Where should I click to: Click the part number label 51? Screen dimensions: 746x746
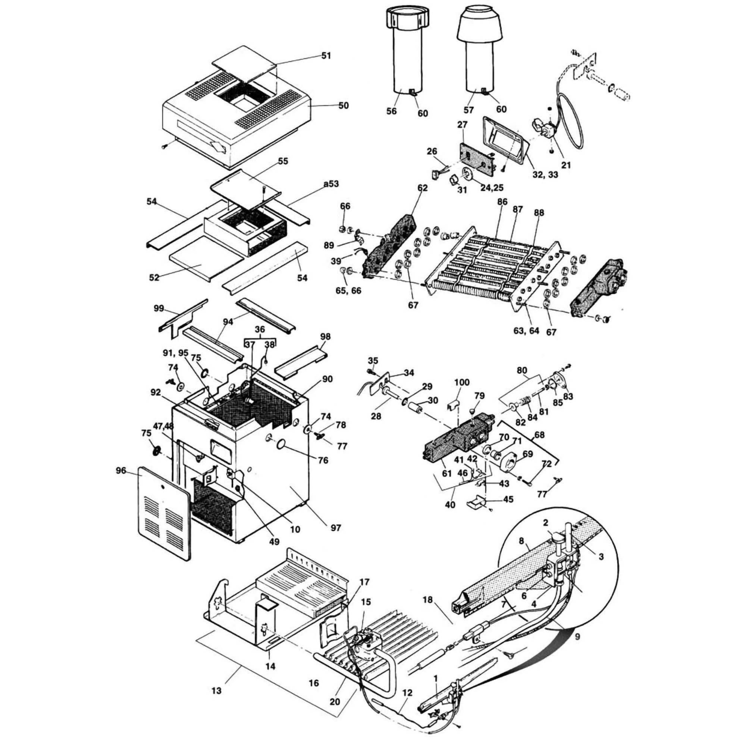(x=326, y=56)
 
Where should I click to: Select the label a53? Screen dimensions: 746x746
(x=331, y=184)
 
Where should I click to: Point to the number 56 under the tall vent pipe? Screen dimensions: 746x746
(x=392, y=111)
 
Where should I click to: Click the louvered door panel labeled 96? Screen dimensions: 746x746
(x=164, y=513)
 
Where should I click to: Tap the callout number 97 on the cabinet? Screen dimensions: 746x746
(x=336, y=527)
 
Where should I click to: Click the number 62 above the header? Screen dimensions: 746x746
(x=423, y=188)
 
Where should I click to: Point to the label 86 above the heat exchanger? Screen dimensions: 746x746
(x=502, y=201)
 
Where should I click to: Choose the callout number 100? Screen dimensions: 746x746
(x=462, y=383)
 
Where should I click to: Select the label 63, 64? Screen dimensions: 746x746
(x=526, y=331)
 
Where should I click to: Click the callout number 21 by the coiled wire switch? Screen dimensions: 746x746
(x=566, y=165)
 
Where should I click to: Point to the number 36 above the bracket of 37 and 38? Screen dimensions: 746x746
(x=260, y=329)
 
